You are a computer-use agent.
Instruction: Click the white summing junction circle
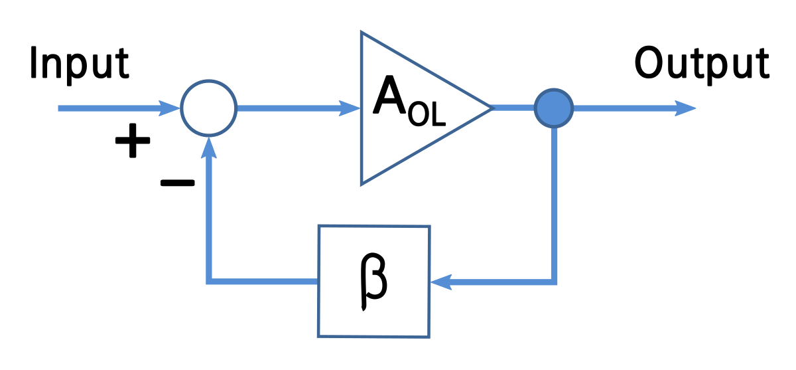tap(209, 108)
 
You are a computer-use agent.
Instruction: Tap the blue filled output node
tap(554, 108)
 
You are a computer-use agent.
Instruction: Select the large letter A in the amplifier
tap(389, 97)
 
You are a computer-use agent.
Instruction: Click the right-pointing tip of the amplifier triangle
tap(490, 108)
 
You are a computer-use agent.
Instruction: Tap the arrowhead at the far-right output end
tap(687, 108)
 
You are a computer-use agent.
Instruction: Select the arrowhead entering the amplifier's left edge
tap(350, 108)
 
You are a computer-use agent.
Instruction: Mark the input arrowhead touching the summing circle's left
tap(170, 108)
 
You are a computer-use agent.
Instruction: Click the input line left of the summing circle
tap(106, 108)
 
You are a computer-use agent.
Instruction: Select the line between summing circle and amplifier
tap(285, 108)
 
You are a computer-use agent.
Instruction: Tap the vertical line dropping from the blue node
tap(554, 199)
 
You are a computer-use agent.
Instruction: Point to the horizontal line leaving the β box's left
tap(265, 282)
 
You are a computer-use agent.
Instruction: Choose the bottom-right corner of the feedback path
tap(554, 282)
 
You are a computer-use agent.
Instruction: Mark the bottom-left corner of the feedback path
tap(209, 282)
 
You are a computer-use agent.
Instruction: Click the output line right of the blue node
tap(624, 108)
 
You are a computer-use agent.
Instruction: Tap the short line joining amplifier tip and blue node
tap(513, 108)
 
